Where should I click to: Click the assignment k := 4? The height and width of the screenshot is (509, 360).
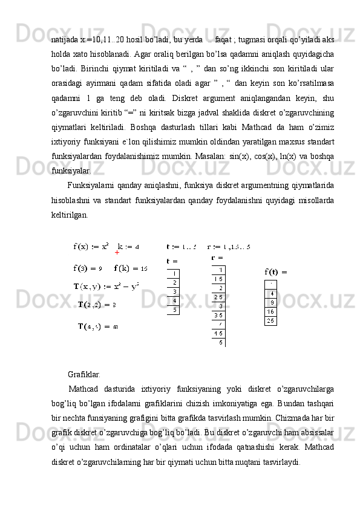[128, 246]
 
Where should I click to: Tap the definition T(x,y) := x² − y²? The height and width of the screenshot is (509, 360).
[106, 285]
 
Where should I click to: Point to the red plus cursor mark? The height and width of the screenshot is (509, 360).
[116, 254]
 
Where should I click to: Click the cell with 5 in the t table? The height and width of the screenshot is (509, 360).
[174, 310]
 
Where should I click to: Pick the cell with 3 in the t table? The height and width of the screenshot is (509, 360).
[174, 291]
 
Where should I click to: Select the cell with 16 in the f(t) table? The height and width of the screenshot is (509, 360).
[271, 311]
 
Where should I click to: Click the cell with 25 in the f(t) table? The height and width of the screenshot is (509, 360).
[271, 320]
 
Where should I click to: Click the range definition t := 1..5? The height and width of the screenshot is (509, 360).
[182, 246]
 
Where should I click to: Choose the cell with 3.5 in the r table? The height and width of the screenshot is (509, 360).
[218, 314]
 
